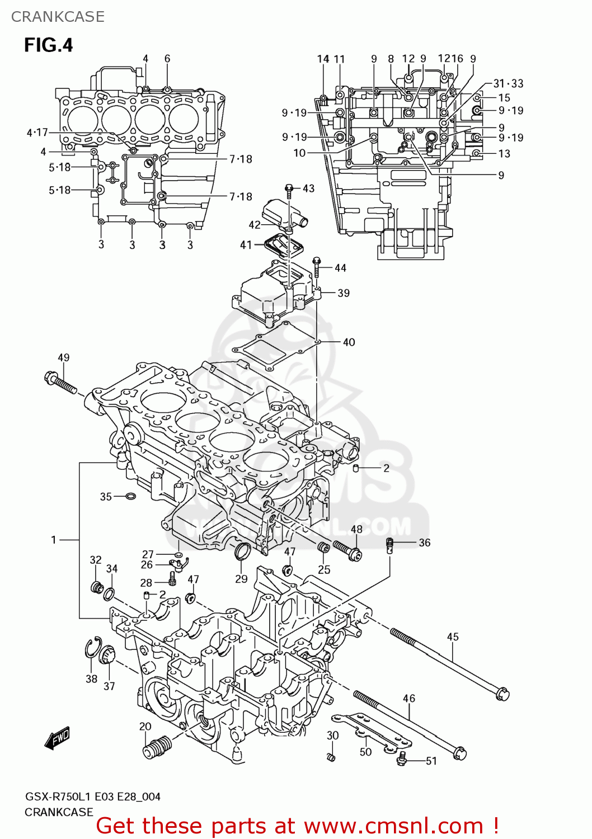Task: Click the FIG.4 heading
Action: pos(48,45)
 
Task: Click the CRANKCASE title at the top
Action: pos(58,17)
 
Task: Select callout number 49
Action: pos(63,357)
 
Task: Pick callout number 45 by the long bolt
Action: pos(453,637)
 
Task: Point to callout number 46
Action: pos(409,698)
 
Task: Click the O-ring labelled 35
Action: pos(130,496)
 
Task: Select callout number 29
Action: pos(241,579)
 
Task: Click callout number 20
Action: pos(145,726)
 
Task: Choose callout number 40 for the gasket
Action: pos(349,342)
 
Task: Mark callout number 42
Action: pos(255,225)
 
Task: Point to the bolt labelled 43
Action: pos(289,191)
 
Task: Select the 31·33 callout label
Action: pos(508,83)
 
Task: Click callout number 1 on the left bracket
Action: pos(54,540)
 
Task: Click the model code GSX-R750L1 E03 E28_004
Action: pos(92,796)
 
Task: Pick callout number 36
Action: pos(425,543)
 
